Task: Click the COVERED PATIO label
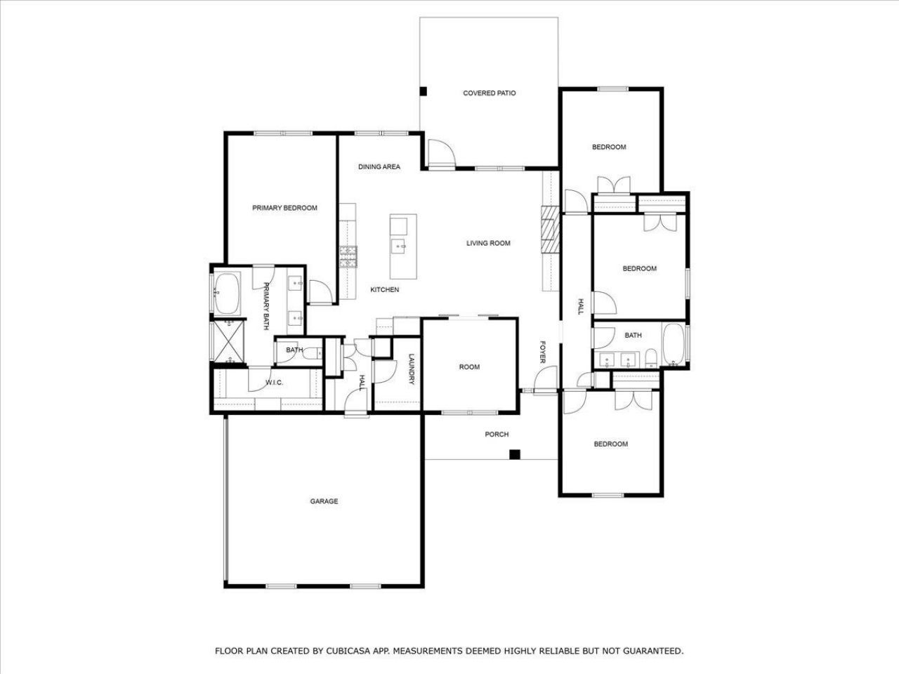[489, 93]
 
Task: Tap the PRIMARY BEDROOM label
[284, 208]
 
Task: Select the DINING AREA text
[379, 166]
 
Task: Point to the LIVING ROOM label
[488, 243]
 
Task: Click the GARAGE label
[324, 501]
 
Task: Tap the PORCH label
[497, 435]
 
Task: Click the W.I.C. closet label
[274, 383]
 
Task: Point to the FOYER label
[543, 352]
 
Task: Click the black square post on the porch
[515, 454]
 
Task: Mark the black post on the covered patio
[423, 91]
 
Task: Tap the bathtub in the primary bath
[227, 294]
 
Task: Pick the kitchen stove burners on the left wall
[348, 257]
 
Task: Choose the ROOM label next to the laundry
[469, 367]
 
